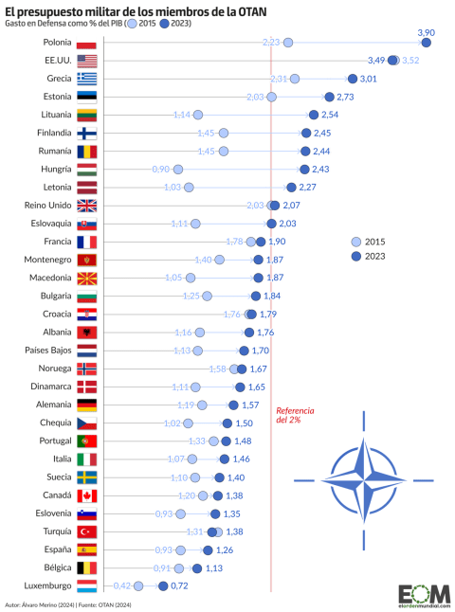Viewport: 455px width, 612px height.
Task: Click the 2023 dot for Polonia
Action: click(427, 43)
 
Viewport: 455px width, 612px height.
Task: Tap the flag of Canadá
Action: click(86, 495)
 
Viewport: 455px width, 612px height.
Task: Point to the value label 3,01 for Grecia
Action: click(370, 79)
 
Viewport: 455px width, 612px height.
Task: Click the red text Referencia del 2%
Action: click(290, 415)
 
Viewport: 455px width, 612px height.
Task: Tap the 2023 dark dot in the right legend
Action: click(356, 256)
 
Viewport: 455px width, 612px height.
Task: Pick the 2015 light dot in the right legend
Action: click(356, 241)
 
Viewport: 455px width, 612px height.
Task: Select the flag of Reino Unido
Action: click(86, 206)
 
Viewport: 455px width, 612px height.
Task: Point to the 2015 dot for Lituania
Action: click(198, 115)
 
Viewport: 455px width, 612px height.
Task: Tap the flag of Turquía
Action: click(86, 531)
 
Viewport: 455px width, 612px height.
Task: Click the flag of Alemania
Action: click(86, 405)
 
